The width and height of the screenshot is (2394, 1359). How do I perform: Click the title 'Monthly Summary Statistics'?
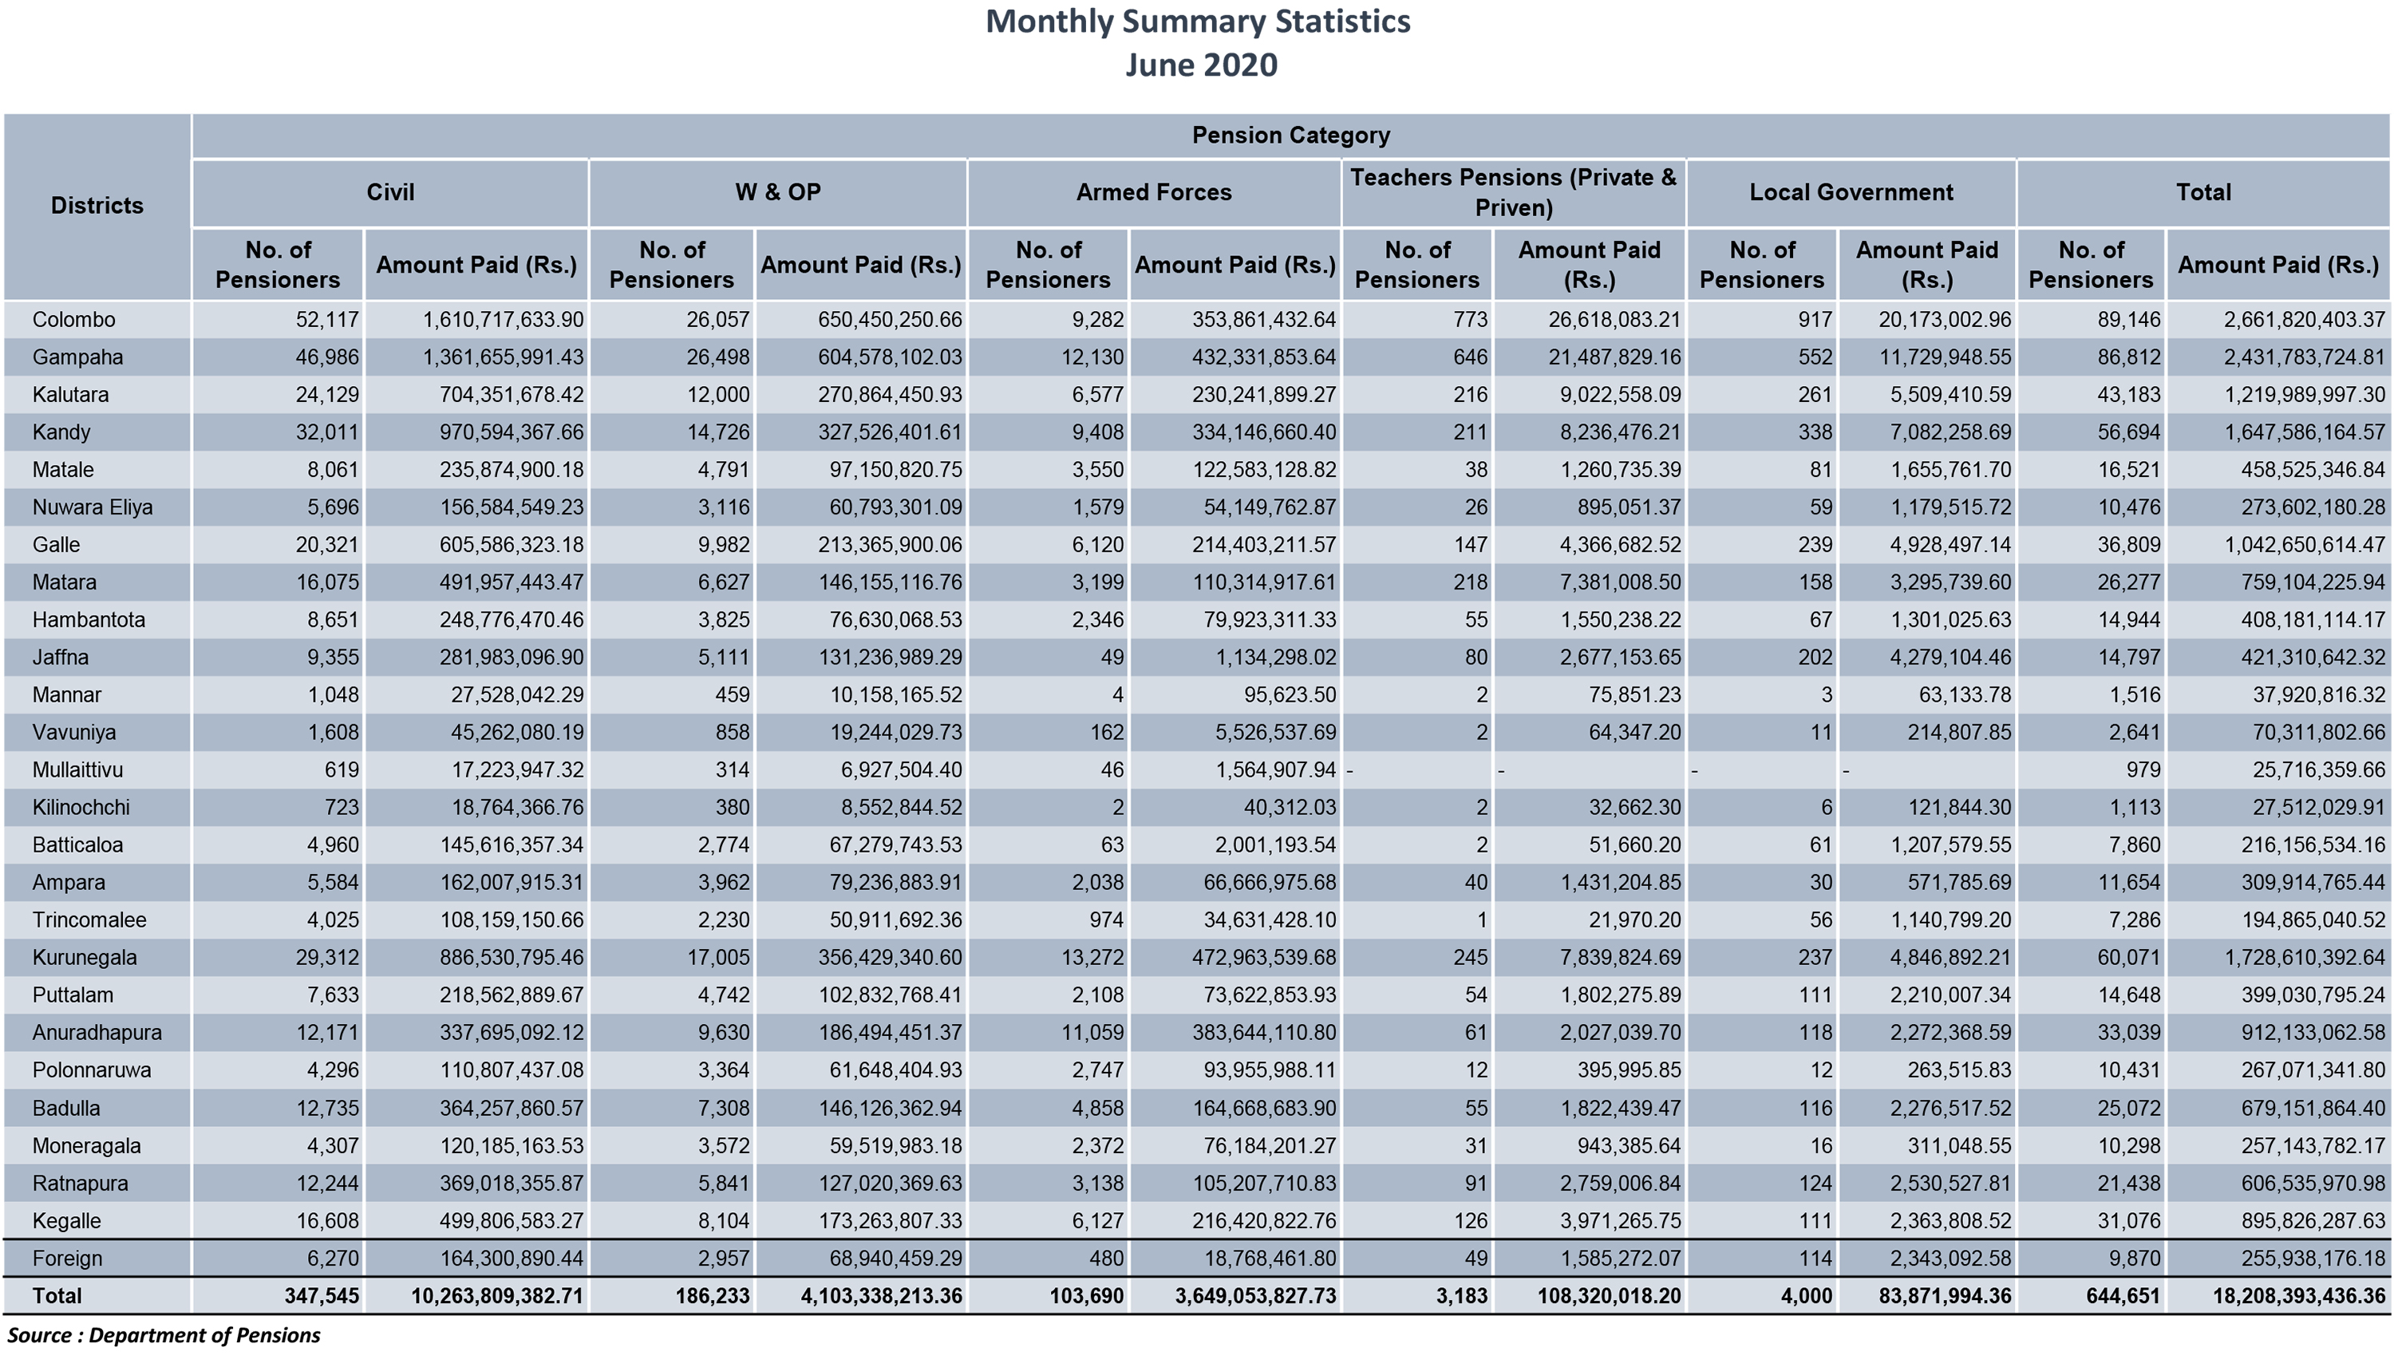[x=1198, y=22]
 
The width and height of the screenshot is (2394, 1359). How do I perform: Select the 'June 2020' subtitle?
[x=1201, y=65]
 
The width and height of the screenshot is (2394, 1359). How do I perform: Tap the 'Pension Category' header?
[x=1290, y=136]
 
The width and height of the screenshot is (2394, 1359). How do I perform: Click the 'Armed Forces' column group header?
[x=1154, y=192]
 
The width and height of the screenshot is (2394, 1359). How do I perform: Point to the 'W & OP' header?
[x=778, y=192]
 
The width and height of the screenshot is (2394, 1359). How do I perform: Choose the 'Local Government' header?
[x=1851, y=192]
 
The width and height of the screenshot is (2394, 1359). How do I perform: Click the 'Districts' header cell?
[x=97, y=205]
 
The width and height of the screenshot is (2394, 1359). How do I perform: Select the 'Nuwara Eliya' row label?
[x=93, y=508]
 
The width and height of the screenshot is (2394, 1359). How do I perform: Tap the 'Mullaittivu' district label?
[x=77, y=770]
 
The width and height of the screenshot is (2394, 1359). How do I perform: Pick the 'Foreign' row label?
[x=67, y=1259]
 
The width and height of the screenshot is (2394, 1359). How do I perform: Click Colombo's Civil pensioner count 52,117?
[x=327, y=320]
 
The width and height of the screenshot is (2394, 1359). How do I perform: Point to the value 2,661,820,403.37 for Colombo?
[x=2304, y=320]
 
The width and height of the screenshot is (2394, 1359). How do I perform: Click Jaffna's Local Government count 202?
[x=1815, y=657]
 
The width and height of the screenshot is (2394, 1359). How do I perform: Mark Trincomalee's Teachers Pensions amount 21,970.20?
[x=1635, y=920]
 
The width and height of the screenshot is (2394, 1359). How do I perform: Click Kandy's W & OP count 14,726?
[x=718, y=432]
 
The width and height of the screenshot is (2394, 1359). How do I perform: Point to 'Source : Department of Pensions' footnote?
[x=164, y=1336]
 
